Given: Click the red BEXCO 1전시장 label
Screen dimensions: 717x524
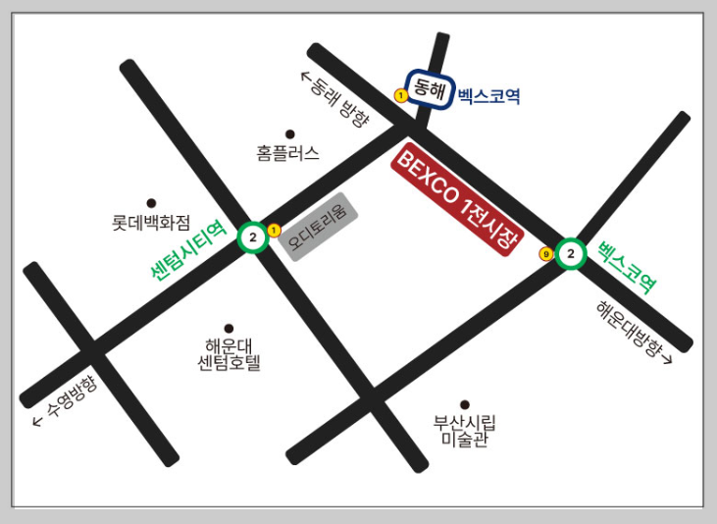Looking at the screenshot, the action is click(x=458, y=201).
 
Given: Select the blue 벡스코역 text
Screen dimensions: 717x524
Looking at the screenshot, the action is click(x=488, y=96).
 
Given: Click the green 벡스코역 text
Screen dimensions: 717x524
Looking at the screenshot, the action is click(x=627, y=266).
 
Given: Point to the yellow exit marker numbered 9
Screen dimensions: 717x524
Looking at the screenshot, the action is click(x=546, y=254).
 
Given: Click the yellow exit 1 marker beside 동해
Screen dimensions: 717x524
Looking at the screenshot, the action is click(x=400, y=95).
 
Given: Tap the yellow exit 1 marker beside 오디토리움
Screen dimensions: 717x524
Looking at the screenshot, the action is click(x=274, y=230).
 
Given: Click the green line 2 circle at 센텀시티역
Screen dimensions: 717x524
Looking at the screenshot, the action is click(x=253, y=237).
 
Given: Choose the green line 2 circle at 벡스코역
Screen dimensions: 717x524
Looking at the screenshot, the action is click(x=571, y=254).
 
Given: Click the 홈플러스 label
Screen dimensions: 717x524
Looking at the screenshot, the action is click(x=288, y=153).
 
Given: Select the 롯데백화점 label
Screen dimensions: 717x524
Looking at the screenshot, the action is click(x=151, y=223).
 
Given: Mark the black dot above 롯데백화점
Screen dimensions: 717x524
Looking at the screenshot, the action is click(x=151, y=203).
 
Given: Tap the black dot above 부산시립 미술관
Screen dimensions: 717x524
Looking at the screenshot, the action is click(x=465, y=404).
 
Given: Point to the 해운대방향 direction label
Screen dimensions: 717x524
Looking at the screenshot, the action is click(x=634, y=333).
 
